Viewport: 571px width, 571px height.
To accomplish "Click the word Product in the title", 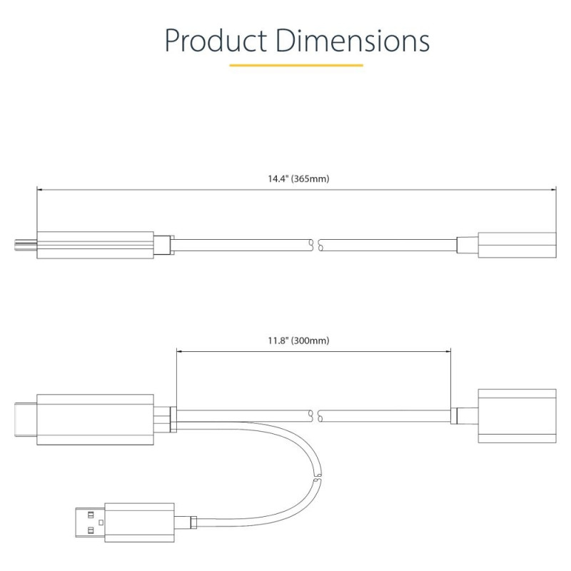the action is (x=216, y=40).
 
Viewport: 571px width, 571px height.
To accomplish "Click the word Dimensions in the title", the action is (x=353, y=40).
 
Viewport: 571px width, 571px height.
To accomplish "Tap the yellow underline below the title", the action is (x=296, y=65).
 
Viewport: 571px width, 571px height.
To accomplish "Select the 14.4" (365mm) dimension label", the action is (x=298, y=179).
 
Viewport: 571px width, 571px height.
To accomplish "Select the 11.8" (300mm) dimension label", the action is (x=298, y=341).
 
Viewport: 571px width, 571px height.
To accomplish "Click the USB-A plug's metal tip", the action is (x=90, y=522).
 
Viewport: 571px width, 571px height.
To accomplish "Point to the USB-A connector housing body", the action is (x=139, y=522).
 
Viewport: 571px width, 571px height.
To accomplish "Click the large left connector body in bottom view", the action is (x=95, y=420).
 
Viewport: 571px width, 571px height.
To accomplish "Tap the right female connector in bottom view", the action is (x=517, y=416).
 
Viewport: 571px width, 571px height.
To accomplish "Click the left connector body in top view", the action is (x=95, y=245).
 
